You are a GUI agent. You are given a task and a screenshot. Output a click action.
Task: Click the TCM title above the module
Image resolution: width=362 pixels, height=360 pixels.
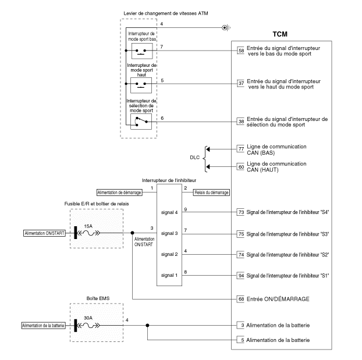tap(281, 34)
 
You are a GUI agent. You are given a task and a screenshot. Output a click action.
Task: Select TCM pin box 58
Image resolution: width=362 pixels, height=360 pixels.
tap(241, 51)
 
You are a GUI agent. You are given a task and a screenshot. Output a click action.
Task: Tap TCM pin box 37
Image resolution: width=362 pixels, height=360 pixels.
tap(241, 83)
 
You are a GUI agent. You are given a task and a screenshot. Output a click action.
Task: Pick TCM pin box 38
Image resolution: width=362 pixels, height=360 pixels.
tap(241, 122)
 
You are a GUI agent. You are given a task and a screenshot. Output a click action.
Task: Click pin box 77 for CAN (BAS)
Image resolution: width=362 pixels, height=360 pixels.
tap(241, 149)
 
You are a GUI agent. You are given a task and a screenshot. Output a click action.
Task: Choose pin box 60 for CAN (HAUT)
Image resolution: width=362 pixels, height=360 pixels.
tap(241, 167)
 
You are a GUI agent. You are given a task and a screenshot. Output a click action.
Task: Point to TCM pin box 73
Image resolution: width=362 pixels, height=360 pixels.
tap(241, 213)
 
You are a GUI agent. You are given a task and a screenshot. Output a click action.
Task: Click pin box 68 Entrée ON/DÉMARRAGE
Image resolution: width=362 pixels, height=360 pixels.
tap(241, 299)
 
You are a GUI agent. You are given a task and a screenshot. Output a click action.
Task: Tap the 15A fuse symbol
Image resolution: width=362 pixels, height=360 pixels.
tap(88, 233)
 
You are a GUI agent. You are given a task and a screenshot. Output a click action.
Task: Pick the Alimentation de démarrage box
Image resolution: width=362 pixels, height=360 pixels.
tap(119, 192)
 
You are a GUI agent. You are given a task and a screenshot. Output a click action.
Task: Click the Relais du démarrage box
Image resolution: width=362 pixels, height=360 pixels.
tap(212, 192)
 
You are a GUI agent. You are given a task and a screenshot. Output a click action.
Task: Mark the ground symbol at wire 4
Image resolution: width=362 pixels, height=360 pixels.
tap(226, 27)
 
